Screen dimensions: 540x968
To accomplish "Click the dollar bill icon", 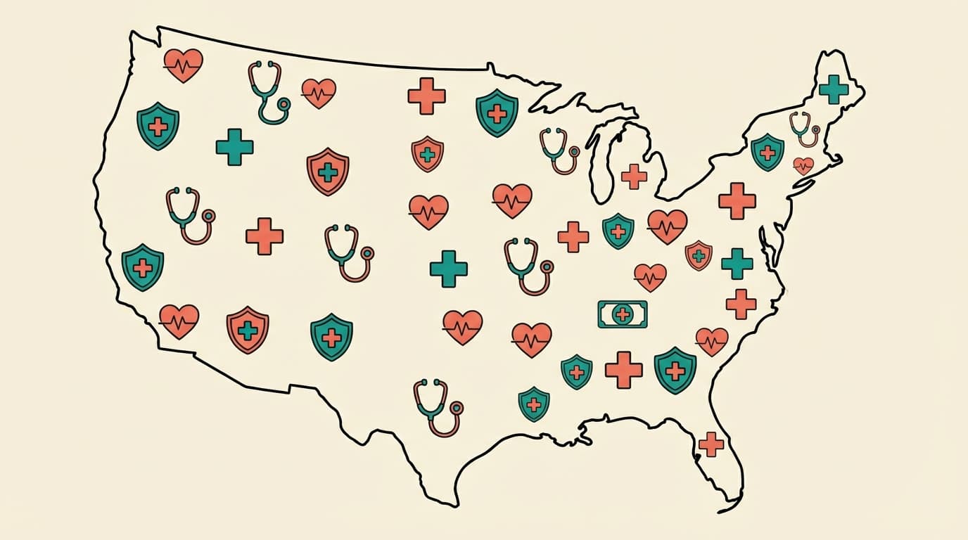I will tap(622, 314).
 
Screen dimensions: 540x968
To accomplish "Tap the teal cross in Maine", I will tap(834, 89).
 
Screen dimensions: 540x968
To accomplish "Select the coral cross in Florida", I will tap(711, 444).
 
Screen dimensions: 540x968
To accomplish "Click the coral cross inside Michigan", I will tap(634, 176).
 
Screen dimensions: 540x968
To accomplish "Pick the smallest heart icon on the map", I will tap(803, 166).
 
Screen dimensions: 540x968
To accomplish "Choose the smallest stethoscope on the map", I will tap(804, 129).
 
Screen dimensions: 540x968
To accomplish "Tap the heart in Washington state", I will tap(184, 65).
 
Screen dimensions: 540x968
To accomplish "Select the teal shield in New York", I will tap(767, 152).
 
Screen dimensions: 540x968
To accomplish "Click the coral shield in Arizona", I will tap(248, 329).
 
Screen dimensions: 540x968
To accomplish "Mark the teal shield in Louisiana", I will tap(534, 404).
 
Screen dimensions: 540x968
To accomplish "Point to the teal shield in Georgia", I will tap(675, 370).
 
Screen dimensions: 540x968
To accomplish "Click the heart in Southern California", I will tap(179, 321).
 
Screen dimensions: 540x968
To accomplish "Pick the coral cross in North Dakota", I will tap(426, 96).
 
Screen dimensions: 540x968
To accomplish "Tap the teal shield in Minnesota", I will tap(497, 112).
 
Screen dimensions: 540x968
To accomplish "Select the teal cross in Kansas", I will tap(449, 269).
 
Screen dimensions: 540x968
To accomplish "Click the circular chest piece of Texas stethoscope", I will tap(457, 407).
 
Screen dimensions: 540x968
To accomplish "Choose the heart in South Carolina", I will tap(712, 341).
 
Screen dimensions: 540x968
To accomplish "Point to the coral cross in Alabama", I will tap(624, 369).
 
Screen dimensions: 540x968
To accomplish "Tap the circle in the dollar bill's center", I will tap(622, 314).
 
